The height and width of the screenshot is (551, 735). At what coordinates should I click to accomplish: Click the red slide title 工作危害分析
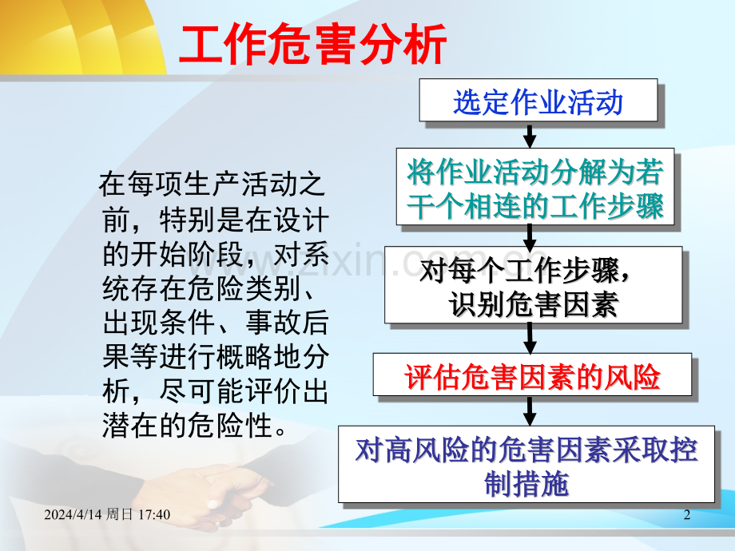[x=312, y=45]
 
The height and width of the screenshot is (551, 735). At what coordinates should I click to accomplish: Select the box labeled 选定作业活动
[x=538, y=101]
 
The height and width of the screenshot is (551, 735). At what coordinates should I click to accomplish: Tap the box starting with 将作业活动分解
[x=534, y=187]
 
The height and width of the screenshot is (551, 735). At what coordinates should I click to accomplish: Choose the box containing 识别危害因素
[x=533, y=285]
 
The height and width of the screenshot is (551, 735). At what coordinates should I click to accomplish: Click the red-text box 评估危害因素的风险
[x=532, y=375]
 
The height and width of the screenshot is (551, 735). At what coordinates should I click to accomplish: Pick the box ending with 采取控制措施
[x=526, y=464]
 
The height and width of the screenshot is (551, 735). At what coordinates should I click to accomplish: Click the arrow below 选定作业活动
[x=530, y=136]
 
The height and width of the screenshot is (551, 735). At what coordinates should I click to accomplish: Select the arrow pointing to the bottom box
[x=530, y=411]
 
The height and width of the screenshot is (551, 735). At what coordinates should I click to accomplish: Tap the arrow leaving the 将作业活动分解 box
[x=530, y=236]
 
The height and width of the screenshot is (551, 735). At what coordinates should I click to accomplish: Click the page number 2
[x=687, y=514]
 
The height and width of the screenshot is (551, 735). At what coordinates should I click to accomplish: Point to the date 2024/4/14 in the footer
[x=73, y=514]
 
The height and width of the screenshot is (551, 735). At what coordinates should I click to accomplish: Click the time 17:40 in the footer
[x=154, y=514]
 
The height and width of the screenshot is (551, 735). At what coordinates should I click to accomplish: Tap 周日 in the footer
[x=120, y=514]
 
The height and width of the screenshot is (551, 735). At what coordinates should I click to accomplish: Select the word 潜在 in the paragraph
[x=130, y=426]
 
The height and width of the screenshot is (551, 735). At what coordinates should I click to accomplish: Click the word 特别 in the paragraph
[x=188, y=220]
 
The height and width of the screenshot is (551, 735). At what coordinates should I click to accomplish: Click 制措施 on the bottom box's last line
[x=526, y=483]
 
